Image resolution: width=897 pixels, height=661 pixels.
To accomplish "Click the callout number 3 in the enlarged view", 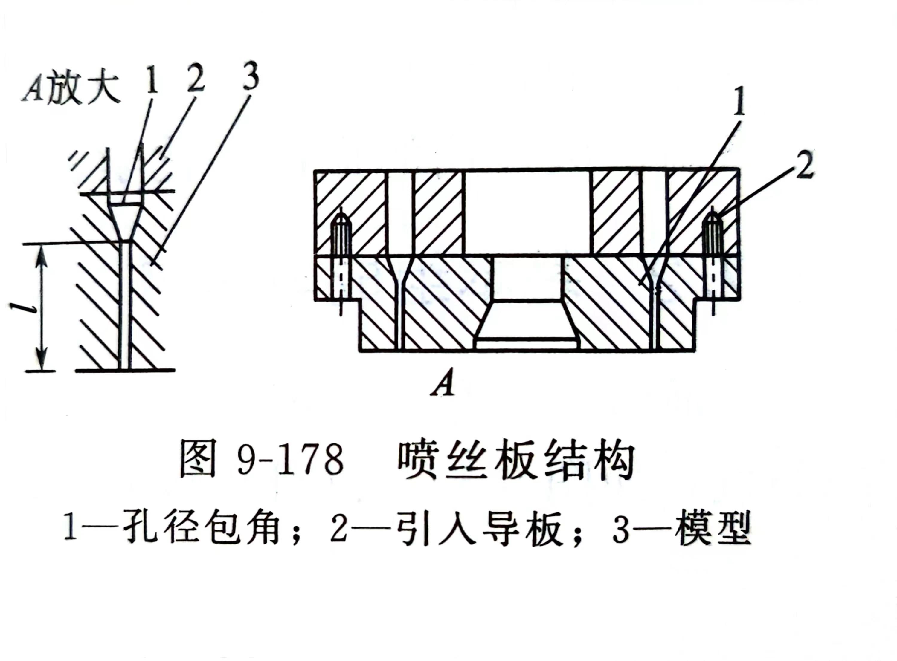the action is click(250, 76).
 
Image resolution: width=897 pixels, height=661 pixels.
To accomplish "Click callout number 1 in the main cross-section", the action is click(739, 102).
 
